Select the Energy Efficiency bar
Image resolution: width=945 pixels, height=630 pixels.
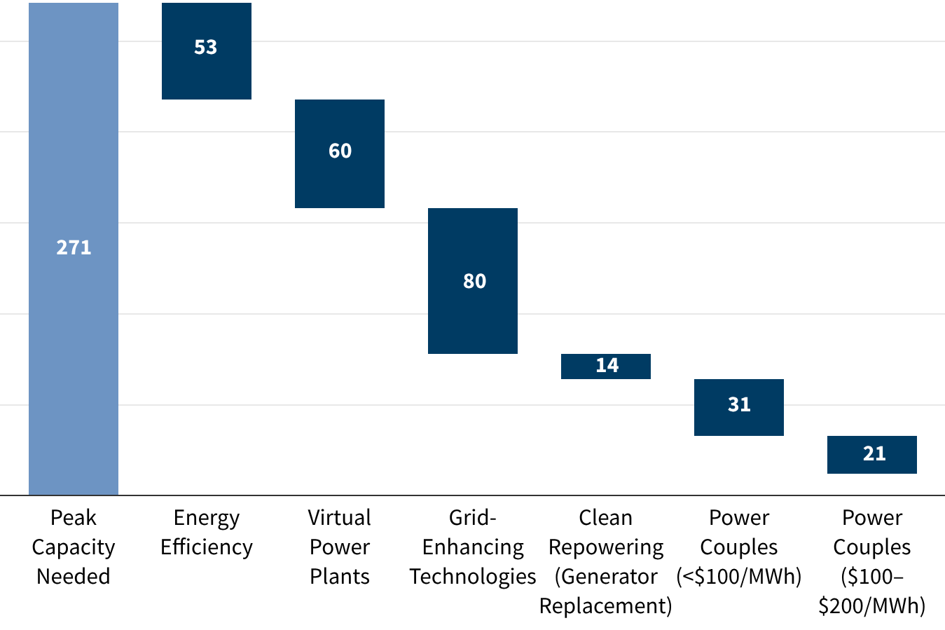tap(206, 77)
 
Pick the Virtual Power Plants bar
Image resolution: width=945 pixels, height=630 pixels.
tap(340, 182)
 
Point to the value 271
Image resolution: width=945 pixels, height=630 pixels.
tap(74, 247)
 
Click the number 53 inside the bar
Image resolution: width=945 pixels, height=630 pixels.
tap(206, 47)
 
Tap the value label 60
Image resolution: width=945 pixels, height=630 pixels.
tap(340, 151)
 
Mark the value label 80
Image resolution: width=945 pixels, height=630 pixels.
tap(474, 281)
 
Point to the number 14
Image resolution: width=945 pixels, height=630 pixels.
tap(607, 365)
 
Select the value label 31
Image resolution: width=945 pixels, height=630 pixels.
tap(739, 404)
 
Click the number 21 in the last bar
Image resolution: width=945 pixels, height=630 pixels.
tap(874, 453)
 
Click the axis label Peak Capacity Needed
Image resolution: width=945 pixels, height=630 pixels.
tap(74, 547)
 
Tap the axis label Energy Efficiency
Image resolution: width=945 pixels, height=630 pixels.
tap(206, 532)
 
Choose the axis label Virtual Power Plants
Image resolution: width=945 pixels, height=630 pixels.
tap(340, 547)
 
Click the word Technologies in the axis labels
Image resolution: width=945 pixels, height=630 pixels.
tap(473, 576)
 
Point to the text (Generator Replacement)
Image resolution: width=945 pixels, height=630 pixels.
tap(606, 591)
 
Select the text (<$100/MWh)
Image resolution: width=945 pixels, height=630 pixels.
tap(739, 576)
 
